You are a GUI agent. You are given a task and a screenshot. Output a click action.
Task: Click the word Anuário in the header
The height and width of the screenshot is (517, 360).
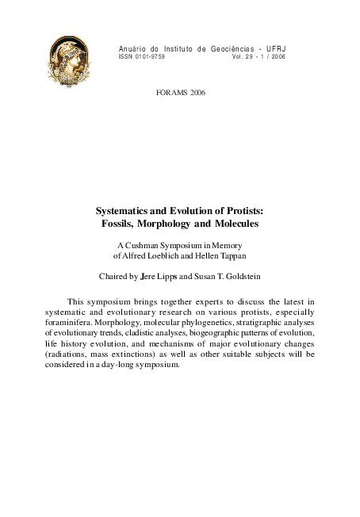(x=132, y=48)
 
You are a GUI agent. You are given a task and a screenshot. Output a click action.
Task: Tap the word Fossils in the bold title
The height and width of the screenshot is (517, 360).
(x=124, y=224)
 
